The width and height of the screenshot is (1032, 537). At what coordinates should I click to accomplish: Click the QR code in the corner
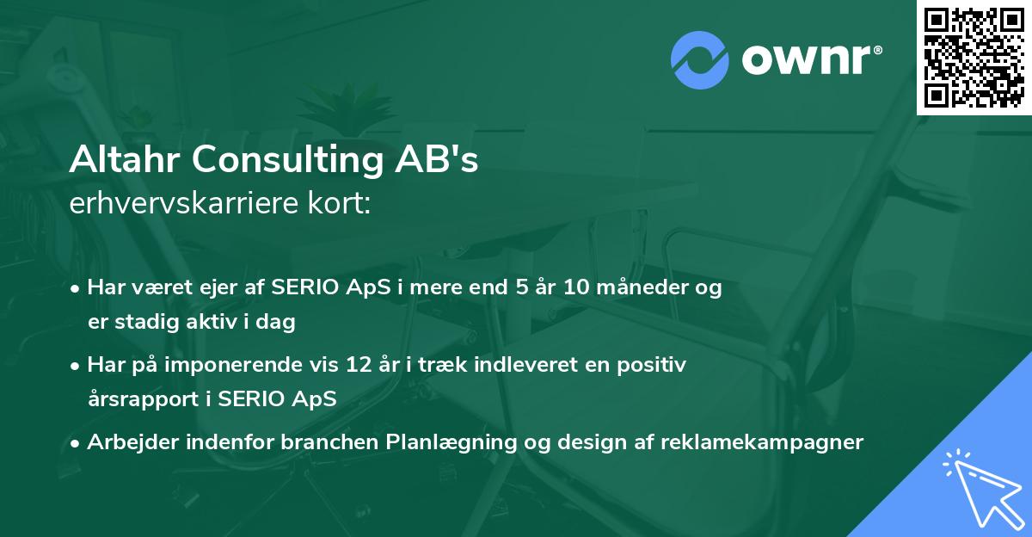[974, 58]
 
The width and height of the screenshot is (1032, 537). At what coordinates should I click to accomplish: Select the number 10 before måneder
[577, 287]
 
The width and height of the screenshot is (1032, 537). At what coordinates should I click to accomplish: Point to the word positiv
[654, 365]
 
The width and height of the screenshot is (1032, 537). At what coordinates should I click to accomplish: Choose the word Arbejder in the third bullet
[128, 442]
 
